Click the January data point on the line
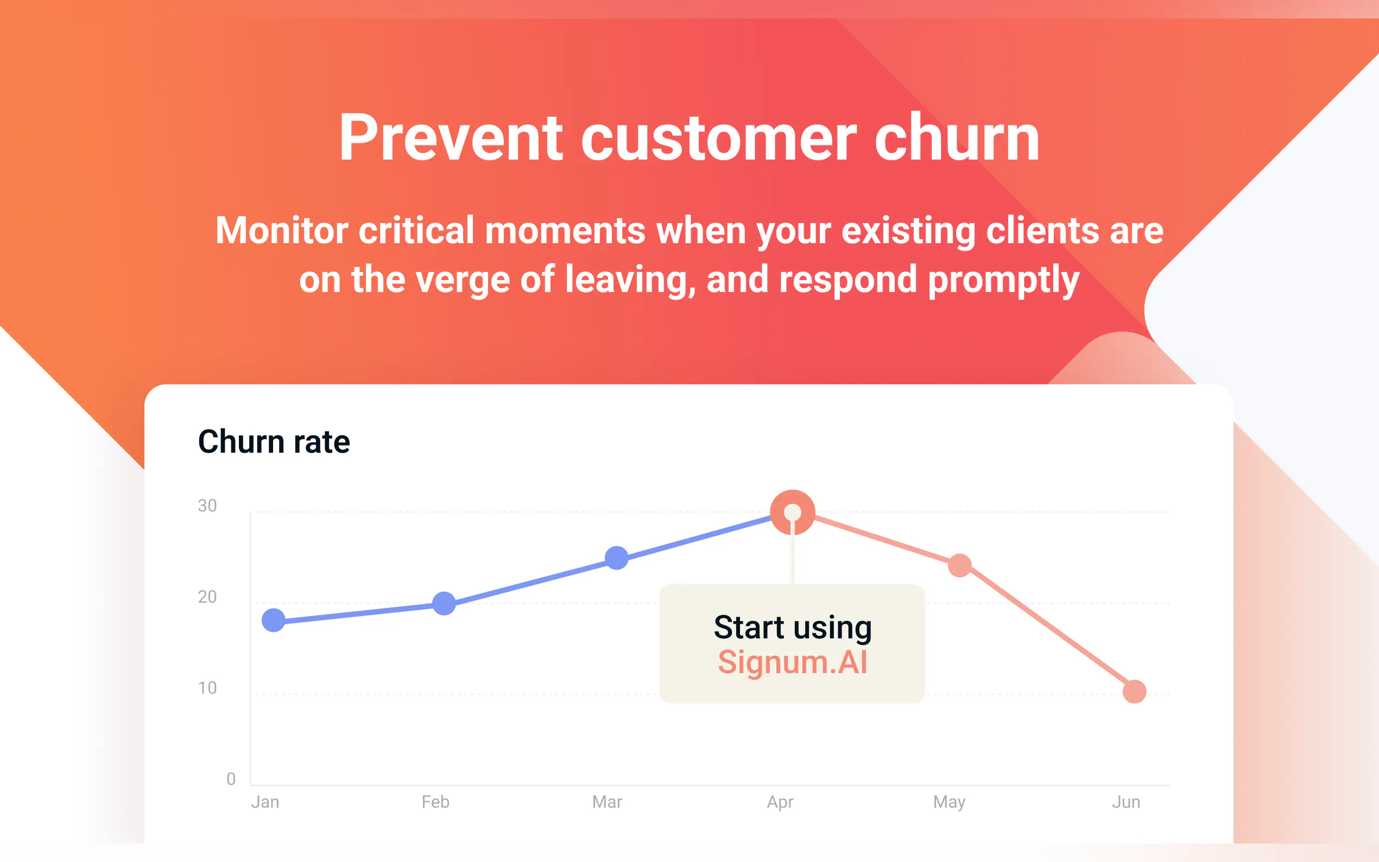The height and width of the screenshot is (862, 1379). tap(274, 620)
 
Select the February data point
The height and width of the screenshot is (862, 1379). tap(444, 603)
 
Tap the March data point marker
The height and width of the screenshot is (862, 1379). tap(617, 557)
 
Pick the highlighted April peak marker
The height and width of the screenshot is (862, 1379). tap(793, 512)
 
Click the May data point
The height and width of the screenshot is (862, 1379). tap(960, 566)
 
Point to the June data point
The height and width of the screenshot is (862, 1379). tap(1135, 692)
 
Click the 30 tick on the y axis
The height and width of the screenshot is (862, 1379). tap(207, 506)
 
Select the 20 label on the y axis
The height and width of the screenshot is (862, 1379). tap(207, 597)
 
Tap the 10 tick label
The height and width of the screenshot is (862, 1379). tap(207, 688)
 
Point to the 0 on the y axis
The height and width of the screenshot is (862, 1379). tap(231, 779)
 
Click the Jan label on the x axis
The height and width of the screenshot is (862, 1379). tap(265, 802)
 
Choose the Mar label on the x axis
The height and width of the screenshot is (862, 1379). tap(607, 802)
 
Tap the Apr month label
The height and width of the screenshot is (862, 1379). tap(780, 803)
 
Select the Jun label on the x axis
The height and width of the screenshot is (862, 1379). tap(1126, 802)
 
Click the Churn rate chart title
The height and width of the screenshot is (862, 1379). tap(274, 442)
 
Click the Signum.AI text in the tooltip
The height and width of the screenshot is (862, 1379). tap(793, 662)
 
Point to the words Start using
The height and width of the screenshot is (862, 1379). tap(793, 628)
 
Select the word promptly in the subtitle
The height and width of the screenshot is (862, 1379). tap(1003, 280)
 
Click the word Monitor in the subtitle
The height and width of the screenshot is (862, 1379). tap(282, 230)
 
